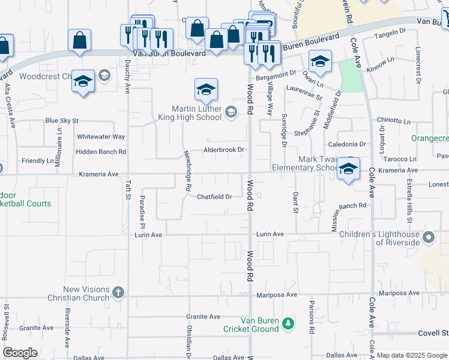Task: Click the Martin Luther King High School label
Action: pos(196,112)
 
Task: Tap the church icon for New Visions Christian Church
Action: pos(118,293)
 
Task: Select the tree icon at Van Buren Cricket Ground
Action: pos(289,323)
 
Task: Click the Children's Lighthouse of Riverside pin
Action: pos(429,238)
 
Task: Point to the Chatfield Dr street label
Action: pos(214,197)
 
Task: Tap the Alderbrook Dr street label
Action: pos(224,150)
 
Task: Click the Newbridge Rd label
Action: pos(188,170)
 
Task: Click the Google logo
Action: pos(20,353)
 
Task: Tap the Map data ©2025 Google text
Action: pos(411,355)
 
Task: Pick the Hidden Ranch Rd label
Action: pos(101,152)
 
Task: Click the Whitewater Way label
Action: pos(101,137)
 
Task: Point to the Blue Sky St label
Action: pos(62,121)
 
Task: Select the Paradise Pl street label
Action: pos(143,211)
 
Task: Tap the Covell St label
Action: pos(433,332)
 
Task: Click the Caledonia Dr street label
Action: pos(346,145)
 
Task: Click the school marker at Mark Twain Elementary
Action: pos(348,169)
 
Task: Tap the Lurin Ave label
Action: pos(270,234)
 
